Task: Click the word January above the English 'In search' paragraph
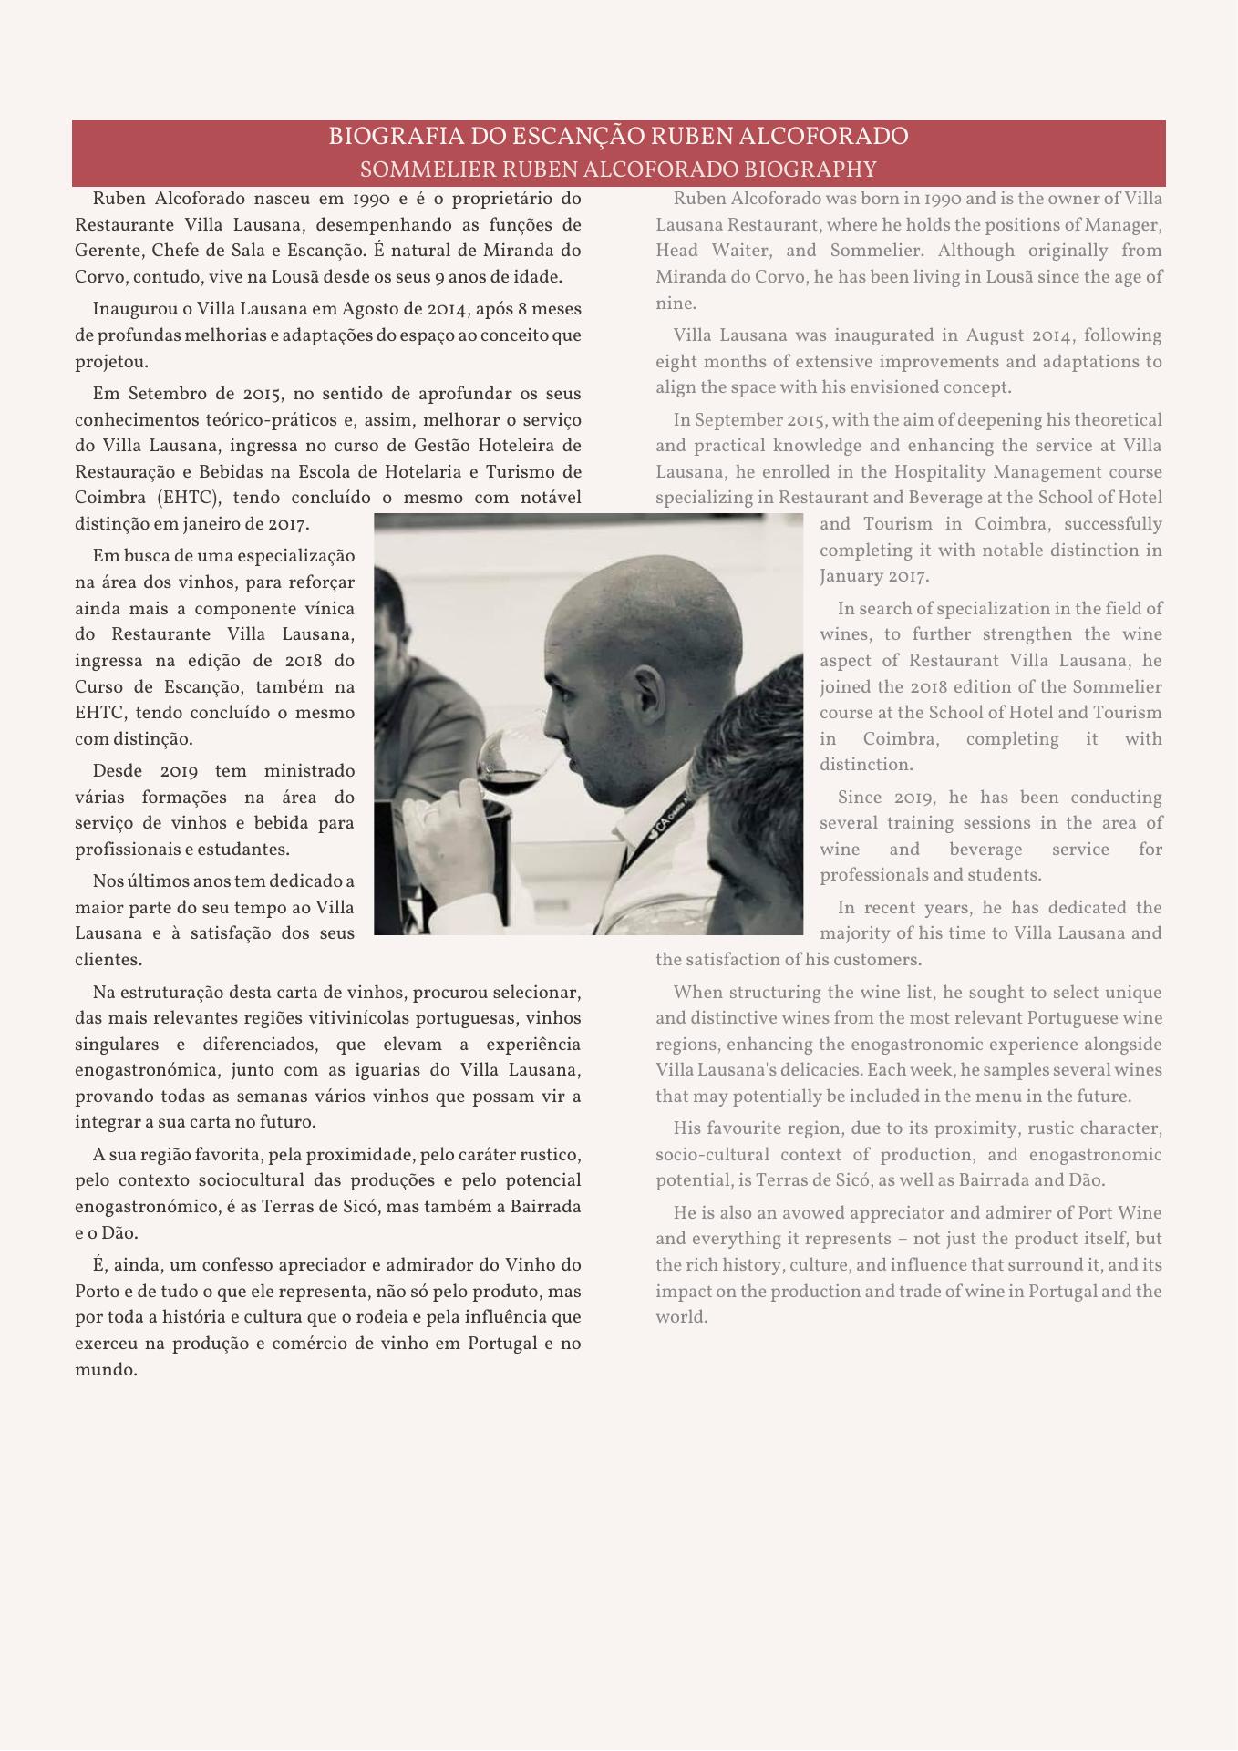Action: [850, 576]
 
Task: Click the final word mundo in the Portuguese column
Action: [105, 1370]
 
